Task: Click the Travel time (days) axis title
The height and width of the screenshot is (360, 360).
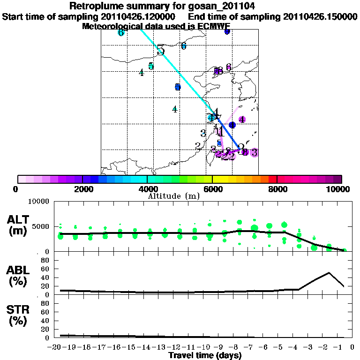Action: point(205,356)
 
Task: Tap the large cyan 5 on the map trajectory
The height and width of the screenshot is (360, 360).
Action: point(161,50)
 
